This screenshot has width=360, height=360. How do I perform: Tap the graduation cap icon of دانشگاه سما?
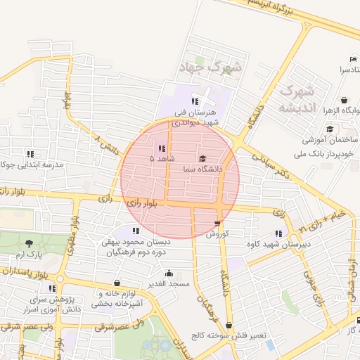point(203,159)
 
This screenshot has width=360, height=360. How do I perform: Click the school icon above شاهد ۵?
point(162,148)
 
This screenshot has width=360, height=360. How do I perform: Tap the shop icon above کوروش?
point(217,224)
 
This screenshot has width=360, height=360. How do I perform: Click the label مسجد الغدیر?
point(168,283)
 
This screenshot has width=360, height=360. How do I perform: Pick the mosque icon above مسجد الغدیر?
point(168,274)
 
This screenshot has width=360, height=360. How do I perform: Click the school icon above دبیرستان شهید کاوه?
point(279,233)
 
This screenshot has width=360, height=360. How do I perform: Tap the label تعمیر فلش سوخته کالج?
point(232,336)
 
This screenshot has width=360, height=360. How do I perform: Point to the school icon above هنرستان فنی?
point(195,101)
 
